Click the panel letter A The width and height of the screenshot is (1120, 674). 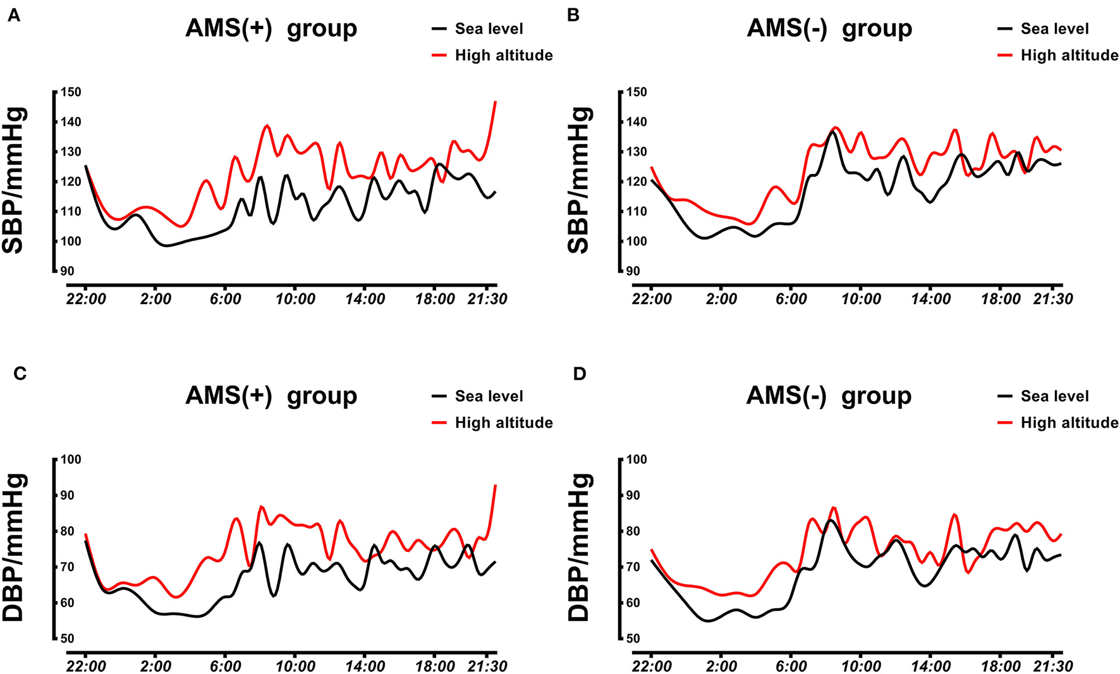pos(13,16)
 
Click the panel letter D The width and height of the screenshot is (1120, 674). pos(579,374)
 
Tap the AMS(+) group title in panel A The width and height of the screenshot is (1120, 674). pos(271,28)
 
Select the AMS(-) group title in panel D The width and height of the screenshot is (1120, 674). pos(829,396)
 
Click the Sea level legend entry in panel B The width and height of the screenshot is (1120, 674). pos(1054,29)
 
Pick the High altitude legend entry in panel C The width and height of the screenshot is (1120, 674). pos(503,423)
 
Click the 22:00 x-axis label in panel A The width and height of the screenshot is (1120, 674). pos(85,299)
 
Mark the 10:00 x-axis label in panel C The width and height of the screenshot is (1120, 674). pos(295,666)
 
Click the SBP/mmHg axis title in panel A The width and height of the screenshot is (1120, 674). pos(14,181)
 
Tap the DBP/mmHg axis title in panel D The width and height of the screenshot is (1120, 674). pos(579,548)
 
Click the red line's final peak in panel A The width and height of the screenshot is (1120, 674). pos(496,102)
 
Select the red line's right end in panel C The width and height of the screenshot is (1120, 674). pos(496,486)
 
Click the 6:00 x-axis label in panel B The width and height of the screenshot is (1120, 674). pos(791,299)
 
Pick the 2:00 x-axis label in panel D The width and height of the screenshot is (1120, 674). pos(721,666)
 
